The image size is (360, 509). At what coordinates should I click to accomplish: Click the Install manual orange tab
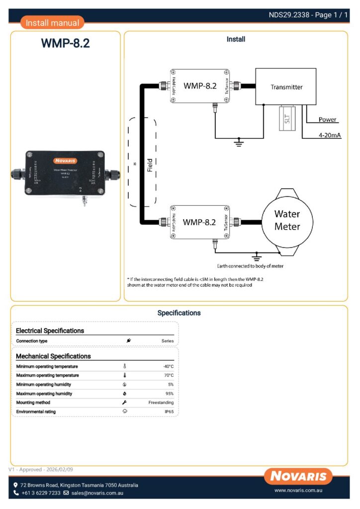coord(52,23)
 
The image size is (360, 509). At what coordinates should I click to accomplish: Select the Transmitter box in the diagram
coord(286,87)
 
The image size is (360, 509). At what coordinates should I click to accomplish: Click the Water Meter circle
coord(287,220)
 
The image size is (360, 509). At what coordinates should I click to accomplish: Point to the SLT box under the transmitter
coord(287,118)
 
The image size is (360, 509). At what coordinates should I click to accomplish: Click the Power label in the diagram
coord(328,120)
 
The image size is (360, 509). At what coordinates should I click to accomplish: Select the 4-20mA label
coord(330,136)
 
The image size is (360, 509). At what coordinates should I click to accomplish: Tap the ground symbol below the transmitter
coord(239,142)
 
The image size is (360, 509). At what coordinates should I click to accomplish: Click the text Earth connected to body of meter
coord(250,266)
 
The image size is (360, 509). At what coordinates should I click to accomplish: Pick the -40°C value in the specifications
coord(168,366)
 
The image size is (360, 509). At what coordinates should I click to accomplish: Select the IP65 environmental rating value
coord(169,412)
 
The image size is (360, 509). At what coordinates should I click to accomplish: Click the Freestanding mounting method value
coord(161,403)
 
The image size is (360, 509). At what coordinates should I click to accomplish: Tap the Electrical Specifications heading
coord(50,331)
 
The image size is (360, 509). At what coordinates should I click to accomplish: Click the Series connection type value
coord(168,341)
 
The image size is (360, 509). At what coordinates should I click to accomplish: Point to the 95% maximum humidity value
coord(169,394)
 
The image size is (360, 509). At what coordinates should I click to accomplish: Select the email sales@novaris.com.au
coord(97,493)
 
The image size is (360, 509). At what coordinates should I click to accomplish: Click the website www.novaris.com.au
coord(300,491)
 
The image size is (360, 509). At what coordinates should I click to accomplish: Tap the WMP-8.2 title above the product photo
coord(65,44)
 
